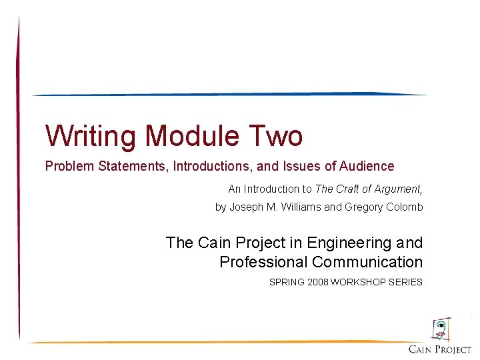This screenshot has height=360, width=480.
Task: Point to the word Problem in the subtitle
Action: click(x=69, y=166)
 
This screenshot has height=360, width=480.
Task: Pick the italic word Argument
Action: click(x=397, y=189)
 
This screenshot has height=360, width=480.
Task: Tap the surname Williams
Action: click(x=301, y=207)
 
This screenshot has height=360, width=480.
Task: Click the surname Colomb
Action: click(x=403, y=207)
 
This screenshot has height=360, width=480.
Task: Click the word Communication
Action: click(x=367, y=262)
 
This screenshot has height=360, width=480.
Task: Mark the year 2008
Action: click(x=318, y=282)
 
